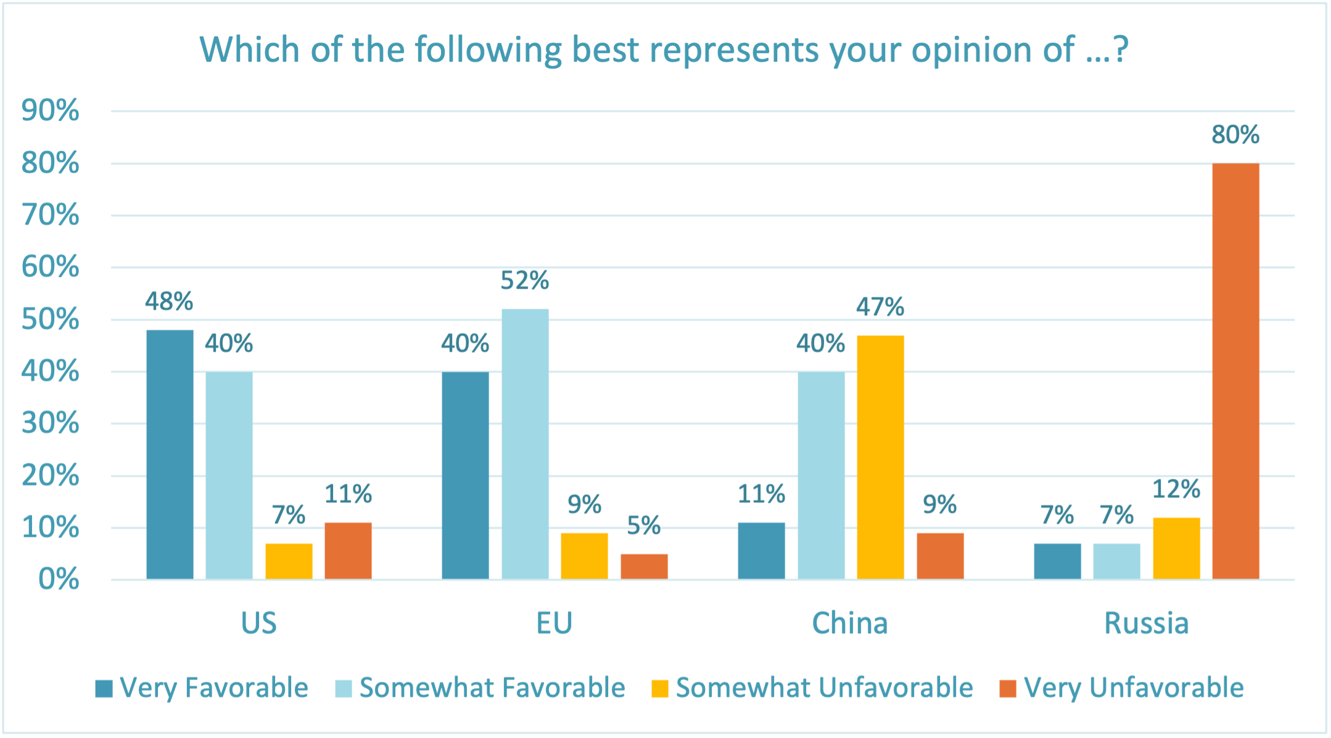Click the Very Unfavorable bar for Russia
[x=1235, y=371]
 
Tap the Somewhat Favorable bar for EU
[x=525, y=444]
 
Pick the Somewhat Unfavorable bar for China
[x=880, y=457]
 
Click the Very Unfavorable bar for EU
[x=644, y=566]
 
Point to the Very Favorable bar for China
[x=761, y=550]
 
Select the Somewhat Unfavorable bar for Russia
[x=1176, y=548]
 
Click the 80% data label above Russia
[x=1235, y=135]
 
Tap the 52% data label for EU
[x=525, y=281]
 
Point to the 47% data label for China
[x=880, y=307]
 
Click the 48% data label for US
[x=169, y=302]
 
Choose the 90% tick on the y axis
[x=51, y=111]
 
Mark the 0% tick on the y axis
[x=59, y=579]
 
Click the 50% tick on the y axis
[x=51, y=320]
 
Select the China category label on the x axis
[x=850, y=623]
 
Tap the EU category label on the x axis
[x=554, y=623]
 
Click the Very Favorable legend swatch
[x=104, y=689]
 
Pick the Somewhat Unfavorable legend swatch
[x=660, y=689]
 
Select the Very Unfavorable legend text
[x=1134, y=688]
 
